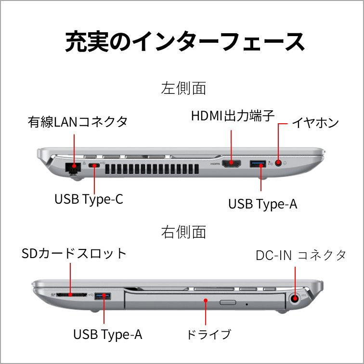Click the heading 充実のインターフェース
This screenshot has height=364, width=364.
click(x=185, y=42)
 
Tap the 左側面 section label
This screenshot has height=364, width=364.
click(x=183, y=88)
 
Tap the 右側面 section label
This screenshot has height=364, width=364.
click(x=183, y=232)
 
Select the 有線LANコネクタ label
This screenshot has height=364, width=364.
click(x=78, y=122)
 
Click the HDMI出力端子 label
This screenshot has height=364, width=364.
click(x=233, y=116)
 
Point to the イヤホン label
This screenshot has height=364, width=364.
click(x=315, y=123)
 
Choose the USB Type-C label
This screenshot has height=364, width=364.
click(x=89, y=198)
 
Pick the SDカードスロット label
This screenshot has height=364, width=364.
click(x=74, y=253)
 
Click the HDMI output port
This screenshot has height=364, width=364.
click(x=232, y=164)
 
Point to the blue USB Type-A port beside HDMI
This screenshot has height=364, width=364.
click(x=258, y=164)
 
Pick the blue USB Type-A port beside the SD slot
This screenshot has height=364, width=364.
click(x=102, y=295)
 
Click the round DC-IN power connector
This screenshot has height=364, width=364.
click(x=294, y=299)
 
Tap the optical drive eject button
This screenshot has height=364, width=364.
click(x=227, y=303)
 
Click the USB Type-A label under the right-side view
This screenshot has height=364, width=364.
click(x=108, y=334)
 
